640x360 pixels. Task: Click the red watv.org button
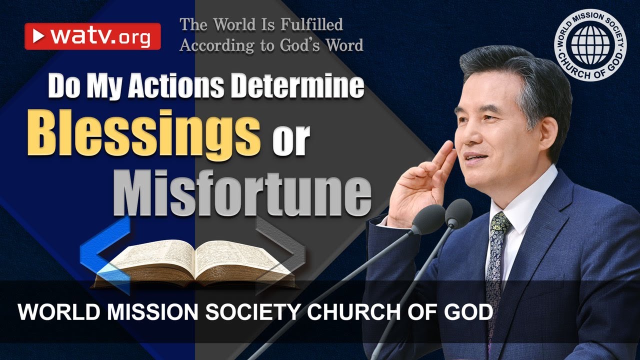tap(92, 36)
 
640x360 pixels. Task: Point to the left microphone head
tap(427, 220)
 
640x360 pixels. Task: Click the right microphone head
tap(458, 213)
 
